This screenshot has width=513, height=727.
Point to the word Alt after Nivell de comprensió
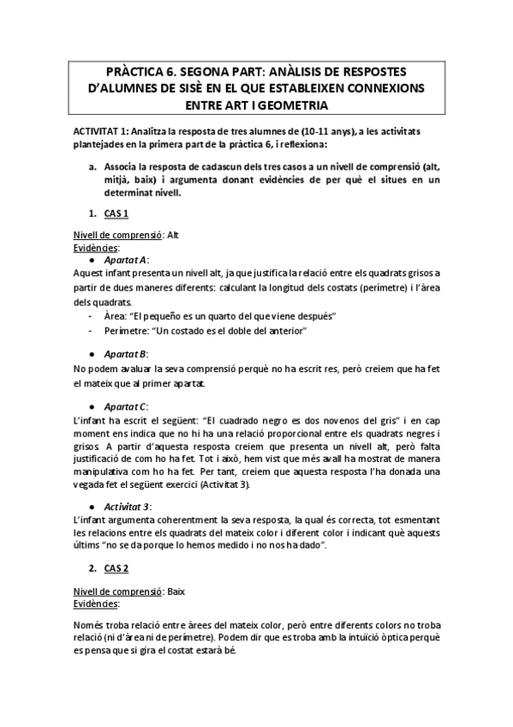coord(173,234)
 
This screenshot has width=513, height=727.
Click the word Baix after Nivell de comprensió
coord(176,592)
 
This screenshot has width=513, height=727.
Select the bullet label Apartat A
coord(125,259)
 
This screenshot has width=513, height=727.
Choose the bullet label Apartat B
coord(125,354)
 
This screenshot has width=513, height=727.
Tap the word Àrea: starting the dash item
coord(117,315)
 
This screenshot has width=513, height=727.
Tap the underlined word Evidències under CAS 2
coord(95,604)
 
